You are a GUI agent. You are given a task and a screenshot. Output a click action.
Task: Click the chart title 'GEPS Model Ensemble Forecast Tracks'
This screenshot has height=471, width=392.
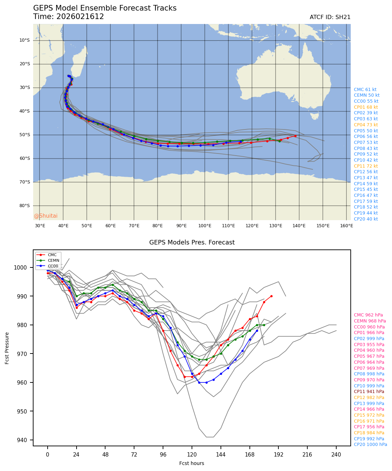pos(105,8)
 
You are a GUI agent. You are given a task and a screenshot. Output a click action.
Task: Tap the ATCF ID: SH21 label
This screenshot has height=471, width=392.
pos(330,17)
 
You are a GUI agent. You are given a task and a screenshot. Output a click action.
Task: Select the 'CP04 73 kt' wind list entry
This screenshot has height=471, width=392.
pos(366,125)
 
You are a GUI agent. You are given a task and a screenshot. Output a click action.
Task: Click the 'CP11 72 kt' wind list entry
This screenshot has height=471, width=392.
pos(366,166)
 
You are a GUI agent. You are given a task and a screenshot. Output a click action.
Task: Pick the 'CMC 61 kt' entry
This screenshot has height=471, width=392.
pos(365,90)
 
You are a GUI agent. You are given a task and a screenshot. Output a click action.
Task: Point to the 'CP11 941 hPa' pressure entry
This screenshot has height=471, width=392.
pos(369,392)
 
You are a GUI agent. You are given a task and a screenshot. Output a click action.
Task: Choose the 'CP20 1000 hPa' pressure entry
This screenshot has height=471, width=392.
pos(370,445)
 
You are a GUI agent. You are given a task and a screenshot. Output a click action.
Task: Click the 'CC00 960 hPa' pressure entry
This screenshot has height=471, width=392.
pos(369,327)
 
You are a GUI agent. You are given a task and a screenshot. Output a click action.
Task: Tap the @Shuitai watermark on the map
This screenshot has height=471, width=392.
pos(46,216)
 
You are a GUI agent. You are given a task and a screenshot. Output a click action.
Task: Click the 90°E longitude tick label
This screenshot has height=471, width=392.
pos(181,226)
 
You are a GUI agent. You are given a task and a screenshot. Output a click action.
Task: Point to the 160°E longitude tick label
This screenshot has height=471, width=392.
pos(346,226)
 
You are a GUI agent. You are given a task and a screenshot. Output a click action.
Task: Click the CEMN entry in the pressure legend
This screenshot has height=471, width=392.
pos(53,260)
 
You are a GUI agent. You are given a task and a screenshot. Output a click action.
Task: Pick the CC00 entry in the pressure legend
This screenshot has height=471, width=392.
pos(53,266)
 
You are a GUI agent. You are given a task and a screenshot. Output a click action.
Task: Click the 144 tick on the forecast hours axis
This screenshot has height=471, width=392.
pos(221,455)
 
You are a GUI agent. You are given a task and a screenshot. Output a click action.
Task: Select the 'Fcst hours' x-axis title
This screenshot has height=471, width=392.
pos(192,463)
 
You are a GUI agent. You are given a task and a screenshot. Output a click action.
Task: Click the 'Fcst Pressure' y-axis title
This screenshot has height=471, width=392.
pos(7,348)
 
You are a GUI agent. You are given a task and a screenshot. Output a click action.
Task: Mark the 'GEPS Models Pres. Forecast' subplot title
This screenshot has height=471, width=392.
pos(192,242)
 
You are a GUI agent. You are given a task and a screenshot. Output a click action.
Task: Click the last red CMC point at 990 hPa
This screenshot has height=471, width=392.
pos(271,296)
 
